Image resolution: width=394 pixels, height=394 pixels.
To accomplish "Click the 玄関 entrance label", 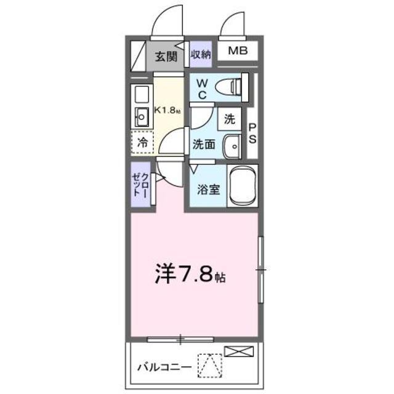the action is pyautogui.click(x=166, y=56).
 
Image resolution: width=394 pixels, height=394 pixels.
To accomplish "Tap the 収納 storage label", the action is pyautogui.click(x=201, y=54).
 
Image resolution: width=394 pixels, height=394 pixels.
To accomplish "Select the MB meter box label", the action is pyautogui.click(x=238, y=50).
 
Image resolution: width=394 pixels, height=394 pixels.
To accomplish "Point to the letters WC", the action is pyautogui.click(x=202, y=89).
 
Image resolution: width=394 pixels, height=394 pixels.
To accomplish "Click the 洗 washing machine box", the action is pyautogui.click(x=230, y=119).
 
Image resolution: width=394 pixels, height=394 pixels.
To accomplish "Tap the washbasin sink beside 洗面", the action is pyautogui.click(x=233, y=147).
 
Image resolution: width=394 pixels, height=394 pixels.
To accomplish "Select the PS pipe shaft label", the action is pyautogui.click(x=252, y=134).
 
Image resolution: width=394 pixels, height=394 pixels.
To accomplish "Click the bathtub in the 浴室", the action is pyautogui.click(x=243, y=186).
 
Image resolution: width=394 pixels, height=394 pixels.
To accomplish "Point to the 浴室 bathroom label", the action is pyautogui.click(x=209, y=190).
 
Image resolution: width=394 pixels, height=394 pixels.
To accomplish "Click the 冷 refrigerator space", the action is pyautogui.click(x=142, y=142).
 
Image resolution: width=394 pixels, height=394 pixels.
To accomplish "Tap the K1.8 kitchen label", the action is pyautogui.click(x=167, y=110).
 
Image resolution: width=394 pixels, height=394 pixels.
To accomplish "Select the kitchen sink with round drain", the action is pyautogui.click(x=142, y=117).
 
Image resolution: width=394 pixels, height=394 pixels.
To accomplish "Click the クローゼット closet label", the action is pyautogui.click(x=141, y=185).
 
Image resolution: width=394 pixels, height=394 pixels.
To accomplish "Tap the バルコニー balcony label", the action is pyautogui.click(x=164, y=368).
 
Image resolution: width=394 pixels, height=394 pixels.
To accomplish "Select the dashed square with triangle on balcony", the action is pyautogui.click(x=210, y=366).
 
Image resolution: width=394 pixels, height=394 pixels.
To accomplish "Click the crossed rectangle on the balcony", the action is pyautogui.click(x=239, y=352).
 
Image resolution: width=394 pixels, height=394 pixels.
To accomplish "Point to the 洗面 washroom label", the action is pyautogui.click(x=204, y=145).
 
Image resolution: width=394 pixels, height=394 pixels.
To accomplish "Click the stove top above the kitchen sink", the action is pyautogui.click(x=142, y=95).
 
